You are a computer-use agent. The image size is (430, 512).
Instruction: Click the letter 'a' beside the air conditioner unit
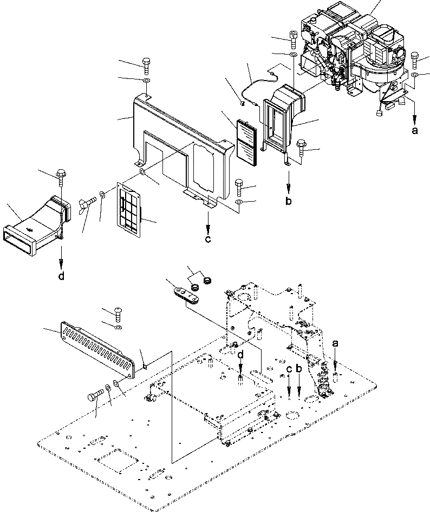pos(415,130)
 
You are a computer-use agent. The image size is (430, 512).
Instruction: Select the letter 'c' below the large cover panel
pos(208,240)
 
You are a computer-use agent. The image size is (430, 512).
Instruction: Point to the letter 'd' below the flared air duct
pos(61,276)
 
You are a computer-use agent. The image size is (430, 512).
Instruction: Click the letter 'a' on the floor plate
pos(335,343)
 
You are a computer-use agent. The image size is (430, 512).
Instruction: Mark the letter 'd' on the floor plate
pos(239,355)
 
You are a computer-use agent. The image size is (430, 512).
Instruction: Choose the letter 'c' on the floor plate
pos(289,369)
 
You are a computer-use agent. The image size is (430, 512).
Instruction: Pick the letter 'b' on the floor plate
pos(298,369)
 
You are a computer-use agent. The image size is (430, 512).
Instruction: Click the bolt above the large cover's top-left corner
pos(147,67)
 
